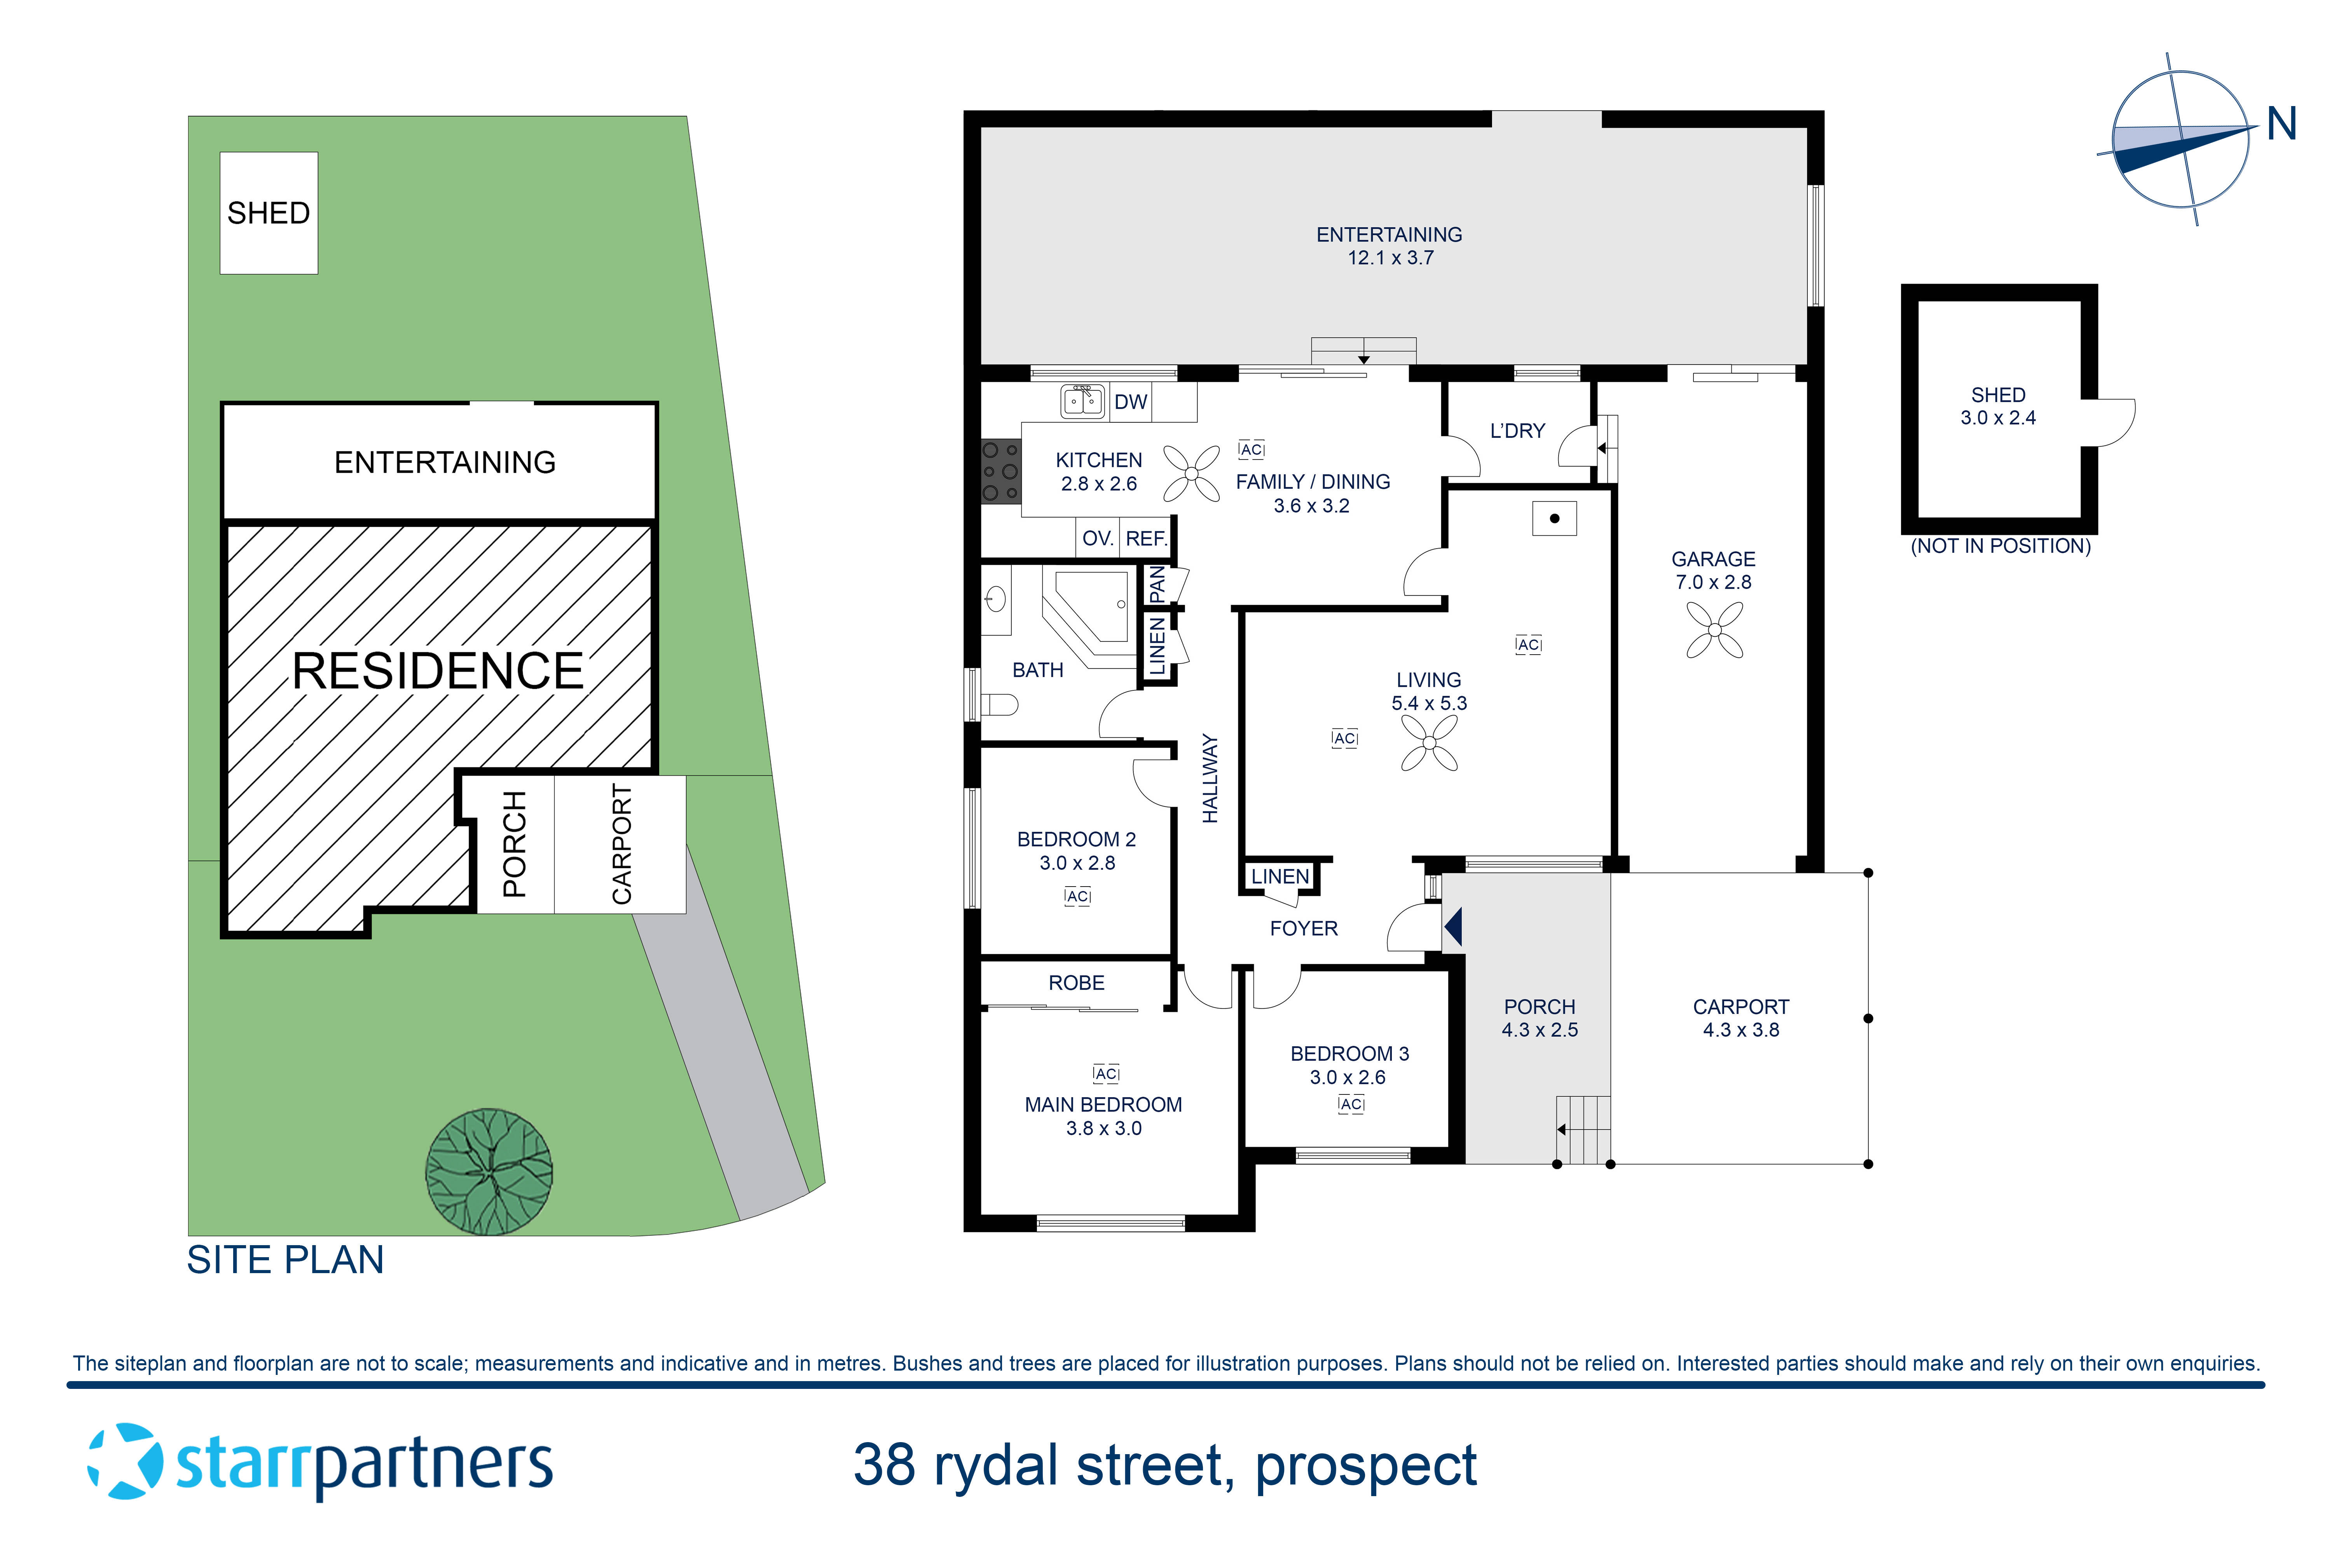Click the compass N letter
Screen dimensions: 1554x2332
tap(2281, 125)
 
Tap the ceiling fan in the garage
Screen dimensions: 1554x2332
tap(1714, 630)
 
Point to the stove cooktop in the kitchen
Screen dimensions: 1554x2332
tap(1000, 472)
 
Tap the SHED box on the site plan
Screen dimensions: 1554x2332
tap(269, 213)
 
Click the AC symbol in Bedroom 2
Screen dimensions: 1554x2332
tap(1078, 897)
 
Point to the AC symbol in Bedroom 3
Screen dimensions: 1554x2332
tap(1351, 1104)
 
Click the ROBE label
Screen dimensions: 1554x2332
tap(1077, 983)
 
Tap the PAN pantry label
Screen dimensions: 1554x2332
tap(1156, 585)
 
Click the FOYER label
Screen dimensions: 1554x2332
tap(1304, 929)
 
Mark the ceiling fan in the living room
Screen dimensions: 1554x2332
tap(1429, 742)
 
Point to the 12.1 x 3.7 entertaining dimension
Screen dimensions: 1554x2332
tap(1390, 258)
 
